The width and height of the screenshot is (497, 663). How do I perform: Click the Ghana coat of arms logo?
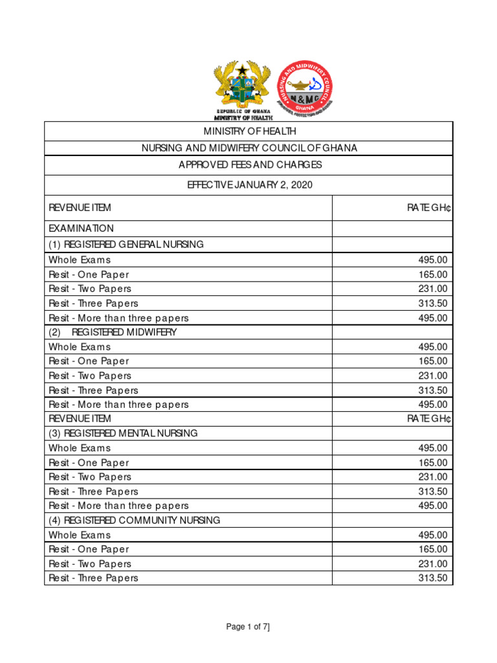[243, 87]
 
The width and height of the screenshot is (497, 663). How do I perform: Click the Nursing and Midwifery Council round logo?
[307, 87]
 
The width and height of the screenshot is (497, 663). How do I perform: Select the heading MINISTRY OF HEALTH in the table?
[249, 131]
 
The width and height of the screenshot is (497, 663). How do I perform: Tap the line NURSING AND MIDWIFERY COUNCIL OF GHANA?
[249, 148]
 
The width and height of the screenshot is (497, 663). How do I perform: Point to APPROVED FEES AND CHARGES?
[249, 165]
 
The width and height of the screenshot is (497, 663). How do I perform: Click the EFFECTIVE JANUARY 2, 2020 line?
[249, 185]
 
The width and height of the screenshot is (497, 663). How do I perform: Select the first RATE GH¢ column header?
[428, 208]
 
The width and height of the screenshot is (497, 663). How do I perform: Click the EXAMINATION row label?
[81, 229]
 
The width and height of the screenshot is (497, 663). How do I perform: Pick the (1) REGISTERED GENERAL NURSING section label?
[126, 244]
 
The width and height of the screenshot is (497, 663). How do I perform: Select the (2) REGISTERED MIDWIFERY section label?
[113, 332]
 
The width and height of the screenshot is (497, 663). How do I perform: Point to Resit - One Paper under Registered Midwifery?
[89, 361]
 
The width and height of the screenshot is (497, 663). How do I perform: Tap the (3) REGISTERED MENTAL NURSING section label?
[123, 433]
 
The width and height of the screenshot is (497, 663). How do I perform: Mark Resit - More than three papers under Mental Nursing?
[118, 506]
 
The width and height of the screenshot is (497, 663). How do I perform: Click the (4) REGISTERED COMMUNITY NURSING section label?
[134, 520]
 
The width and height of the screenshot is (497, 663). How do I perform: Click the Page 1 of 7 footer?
[248, 627]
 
